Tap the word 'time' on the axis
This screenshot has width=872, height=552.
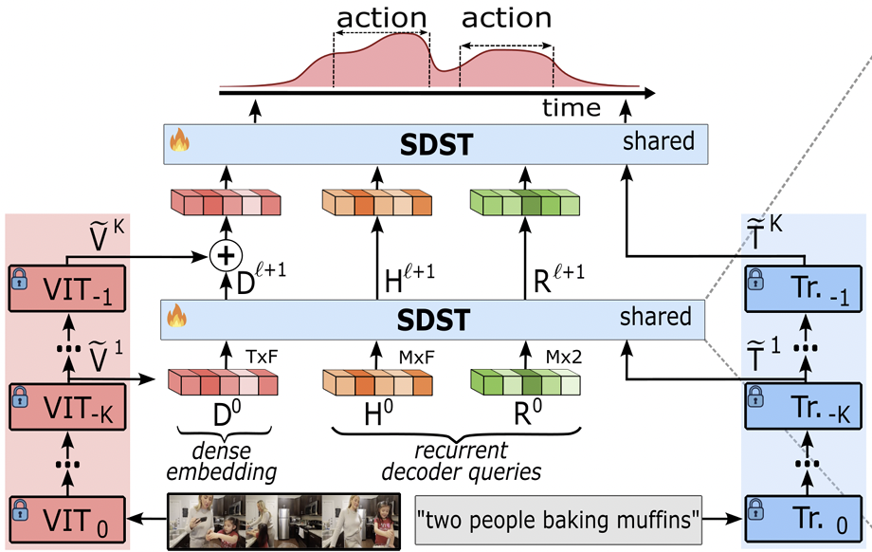coord(571,107)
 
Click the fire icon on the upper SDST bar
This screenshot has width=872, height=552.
coord(179,144)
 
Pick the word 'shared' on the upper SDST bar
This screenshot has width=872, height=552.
coord(659,142)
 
